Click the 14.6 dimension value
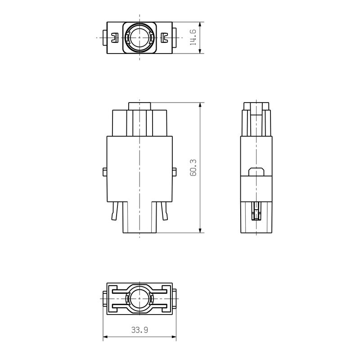click(x=193, y=38)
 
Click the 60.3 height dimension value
click(x=193, y=167)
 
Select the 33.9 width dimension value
click(x=139, y=330)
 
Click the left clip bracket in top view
click(x=115, y=38)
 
